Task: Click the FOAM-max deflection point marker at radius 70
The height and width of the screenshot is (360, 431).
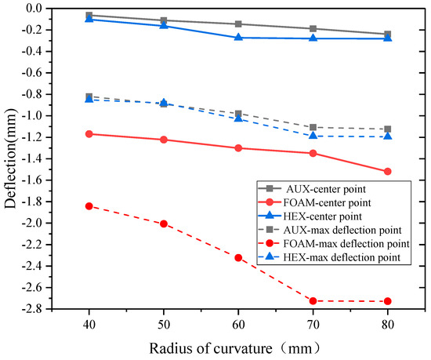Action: pos(313,301)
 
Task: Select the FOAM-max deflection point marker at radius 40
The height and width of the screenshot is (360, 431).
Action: pos(89,206)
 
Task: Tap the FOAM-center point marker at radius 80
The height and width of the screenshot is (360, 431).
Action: pos(388,171)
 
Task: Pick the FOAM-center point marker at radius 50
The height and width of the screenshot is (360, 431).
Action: pos(164,140)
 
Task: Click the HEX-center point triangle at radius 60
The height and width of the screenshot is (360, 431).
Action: pos(238,38)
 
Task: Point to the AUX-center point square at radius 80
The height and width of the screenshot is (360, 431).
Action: pos(388,35)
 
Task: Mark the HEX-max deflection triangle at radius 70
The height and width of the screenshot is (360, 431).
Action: pos(313,136)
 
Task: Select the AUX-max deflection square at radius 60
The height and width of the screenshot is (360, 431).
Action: pos(238,114)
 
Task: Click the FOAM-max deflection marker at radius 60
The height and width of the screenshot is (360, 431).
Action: pos(238,257)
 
